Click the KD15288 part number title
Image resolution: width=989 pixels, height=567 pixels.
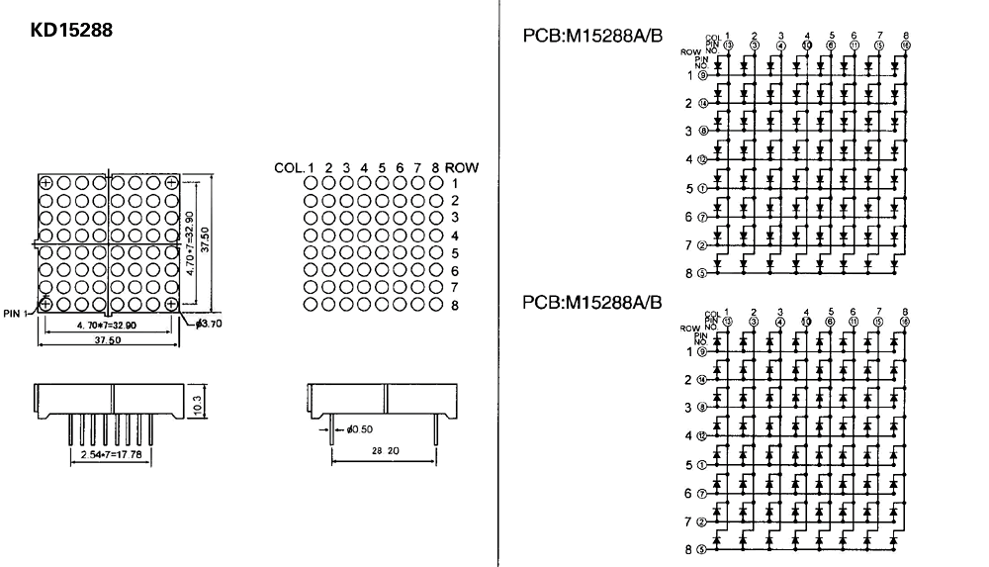72,32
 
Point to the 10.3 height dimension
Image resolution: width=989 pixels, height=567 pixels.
197,403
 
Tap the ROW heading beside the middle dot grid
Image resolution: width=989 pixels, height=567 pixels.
462,168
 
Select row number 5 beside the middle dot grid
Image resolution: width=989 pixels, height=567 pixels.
455,252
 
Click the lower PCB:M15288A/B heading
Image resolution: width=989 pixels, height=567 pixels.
591,302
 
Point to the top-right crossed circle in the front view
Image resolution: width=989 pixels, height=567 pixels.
172,183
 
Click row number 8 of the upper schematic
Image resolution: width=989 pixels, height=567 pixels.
687,274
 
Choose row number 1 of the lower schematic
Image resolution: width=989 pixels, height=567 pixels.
687,350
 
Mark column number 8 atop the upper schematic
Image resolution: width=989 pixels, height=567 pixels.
906,36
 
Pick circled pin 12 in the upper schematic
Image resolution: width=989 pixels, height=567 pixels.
702,159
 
